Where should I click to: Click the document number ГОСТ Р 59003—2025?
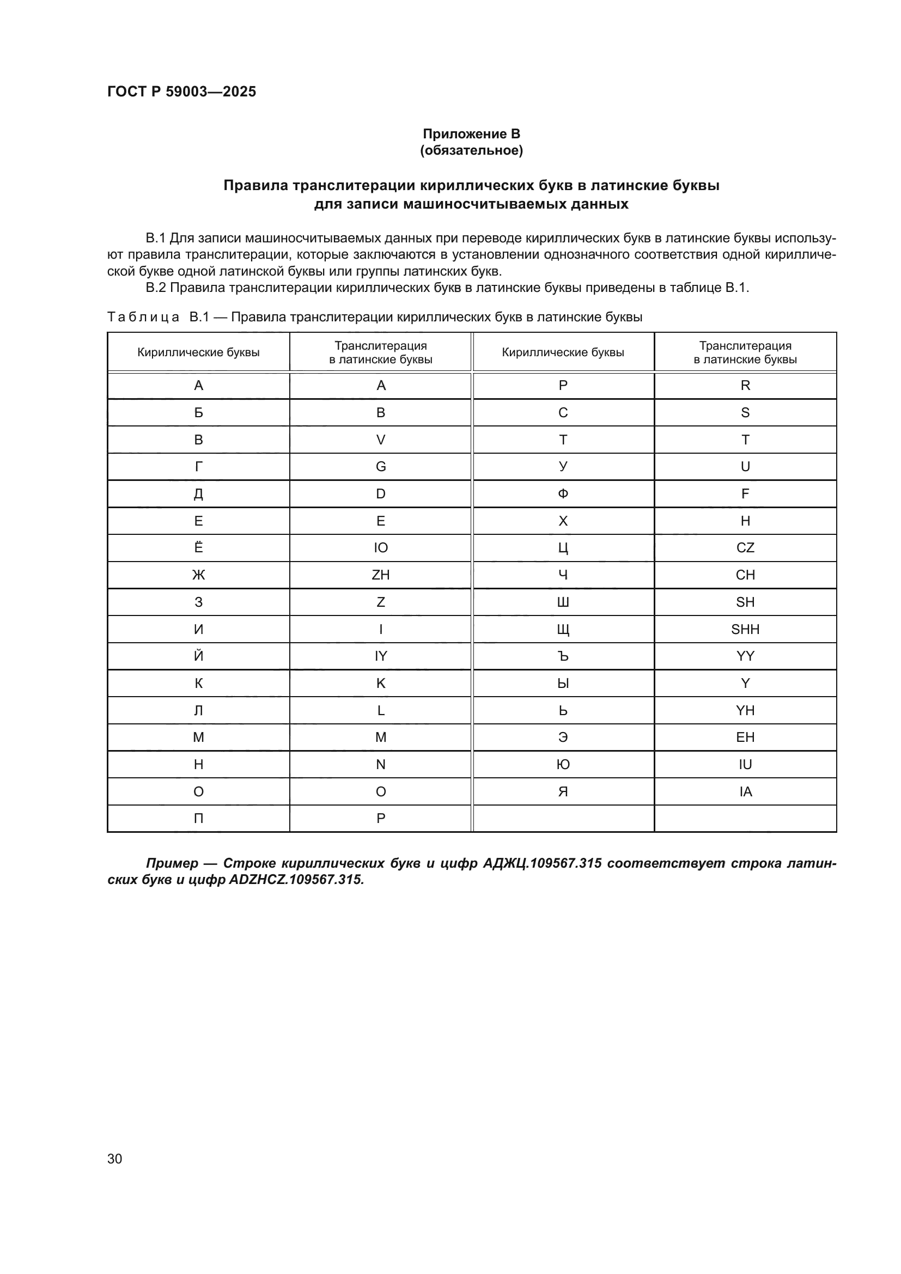pos(181,92)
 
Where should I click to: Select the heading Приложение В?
pos(471,134)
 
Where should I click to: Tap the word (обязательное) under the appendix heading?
pos(471,150)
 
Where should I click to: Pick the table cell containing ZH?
pos(381,575)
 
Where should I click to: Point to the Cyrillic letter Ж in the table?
pos(198,575)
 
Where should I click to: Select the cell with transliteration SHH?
pos(745,629)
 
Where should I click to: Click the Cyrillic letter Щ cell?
pos(563,629)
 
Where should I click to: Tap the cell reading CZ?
pos(745,547)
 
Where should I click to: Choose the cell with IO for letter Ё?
pos(381,547)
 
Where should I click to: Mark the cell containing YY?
pos(745,656)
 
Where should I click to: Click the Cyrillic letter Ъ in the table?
pos(563,656)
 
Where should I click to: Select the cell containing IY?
pos(381,656)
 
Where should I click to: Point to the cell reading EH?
pos(745,737)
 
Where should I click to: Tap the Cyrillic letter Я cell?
pos(563,791)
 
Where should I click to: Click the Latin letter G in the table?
pos(381,467)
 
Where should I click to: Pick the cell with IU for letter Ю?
pos(745,764)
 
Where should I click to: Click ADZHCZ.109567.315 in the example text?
pos(296,880)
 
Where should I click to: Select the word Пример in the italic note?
pos(172,863)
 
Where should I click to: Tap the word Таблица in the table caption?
pos(143,318)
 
